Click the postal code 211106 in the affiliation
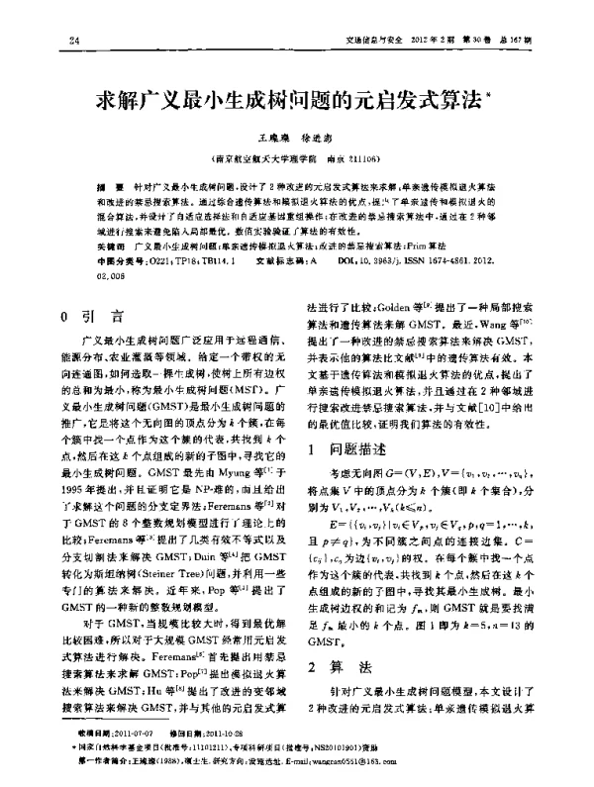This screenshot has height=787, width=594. click(x=360, y=156)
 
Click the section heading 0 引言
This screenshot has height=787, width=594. click(x=92, y=318)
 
